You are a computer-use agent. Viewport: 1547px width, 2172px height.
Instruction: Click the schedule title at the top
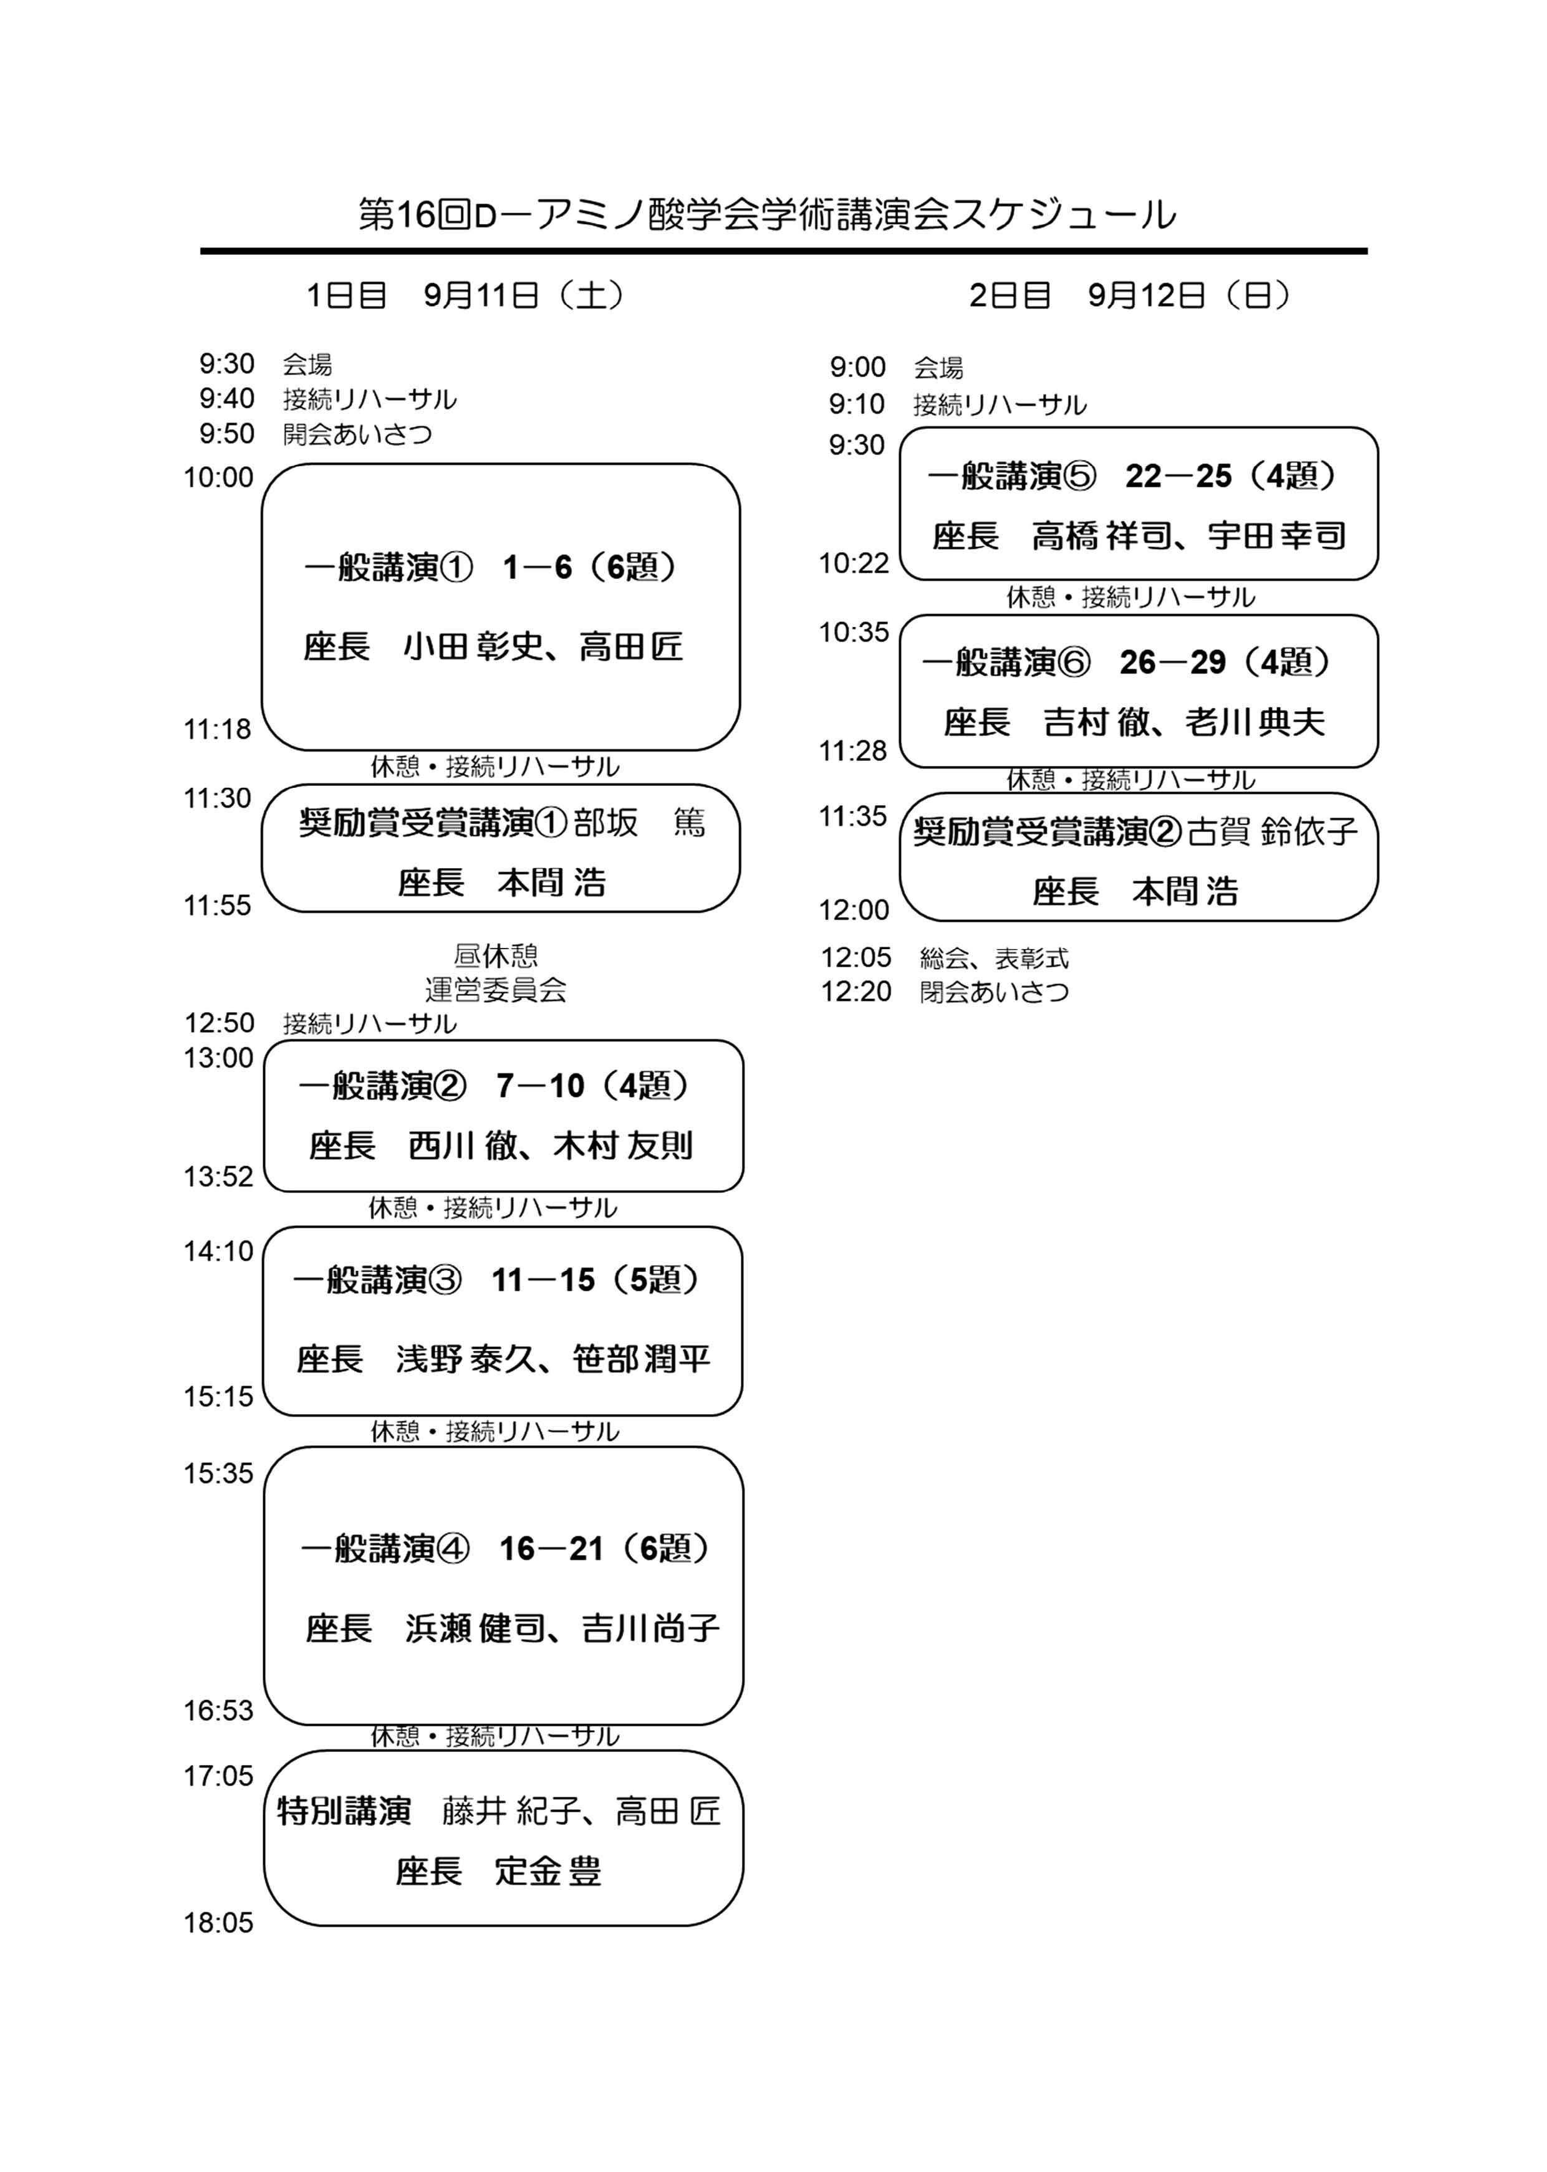767,214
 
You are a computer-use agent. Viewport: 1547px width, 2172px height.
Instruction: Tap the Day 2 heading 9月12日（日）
1190,295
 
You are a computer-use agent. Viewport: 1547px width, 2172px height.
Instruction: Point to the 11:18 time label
217,729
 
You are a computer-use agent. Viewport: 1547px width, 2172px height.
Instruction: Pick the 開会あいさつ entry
357,434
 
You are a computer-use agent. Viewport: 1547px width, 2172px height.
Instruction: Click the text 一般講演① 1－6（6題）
491,568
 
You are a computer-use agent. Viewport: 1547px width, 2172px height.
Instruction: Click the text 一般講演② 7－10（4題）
495,1086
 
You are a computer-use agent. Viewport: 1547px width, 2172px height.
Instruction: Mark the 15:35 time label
219,1473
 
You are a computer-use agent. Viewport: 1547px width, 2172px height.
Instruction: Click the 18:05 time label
219,1923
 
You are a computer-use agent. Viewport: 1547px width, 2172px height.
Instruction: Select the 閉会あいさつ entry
995,992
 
